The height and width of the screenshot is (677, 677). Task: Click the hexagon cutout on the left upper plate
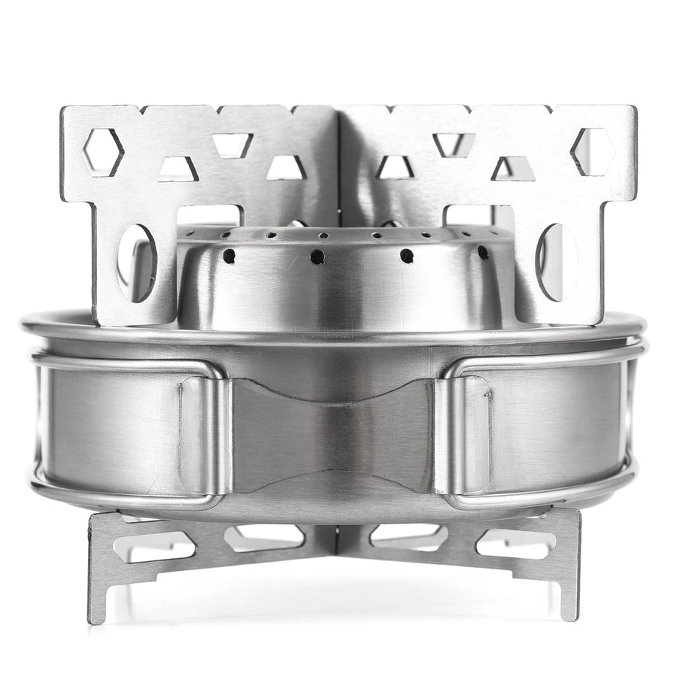click(x=103, y=152)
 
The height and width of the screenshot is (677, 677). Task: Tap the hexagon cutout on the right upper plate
click(x=593, y=151)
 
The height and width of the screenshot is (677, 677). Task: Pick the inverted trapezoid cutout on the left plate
click(x=232, y=144)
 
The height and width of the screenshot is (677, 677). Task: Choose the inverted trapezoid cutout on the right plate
click(x=454, y=144)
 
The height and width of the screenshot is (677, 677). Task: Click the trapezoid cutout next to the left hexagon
click(x=178, y=170)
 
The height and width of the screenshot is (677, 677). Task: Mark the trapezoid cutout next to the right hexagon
click(x=513, y=169)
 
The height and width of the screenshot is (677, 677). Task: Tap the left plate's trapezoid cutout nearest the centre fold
click(x=287, y=168)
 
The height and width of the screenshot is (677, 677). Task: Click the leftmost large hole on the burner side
click(x=229, y=257)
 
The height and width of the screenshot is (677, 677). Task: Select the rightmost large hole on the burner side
click(x=482, y=253)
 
